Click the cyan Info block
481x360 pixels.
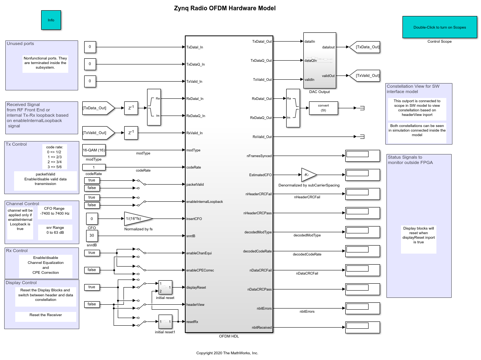click(51, 20)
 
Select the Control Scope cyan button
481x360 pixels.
click(439, 27)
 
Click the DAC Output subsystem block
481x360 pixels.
click(319, 60)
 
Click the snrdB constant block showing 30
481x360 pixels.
click(92, 236)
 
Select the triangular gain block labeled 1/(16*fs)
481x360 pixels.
click(138, 219)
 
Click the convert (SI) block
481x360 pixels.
click(323, 108)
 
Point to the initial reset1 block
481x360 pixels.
click(165, 321)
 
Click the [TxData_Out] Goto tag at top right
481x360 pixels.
click(365, 47)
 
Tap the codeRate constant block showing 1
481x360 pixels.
click(94, 167)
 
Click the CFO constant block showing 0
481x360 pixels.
click(92, 219)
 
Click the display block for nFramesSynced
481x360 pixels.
click(362, 156)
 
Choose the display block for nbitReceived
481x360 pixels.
click(362, 327)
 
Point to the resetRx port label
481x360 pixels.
click(192, 322)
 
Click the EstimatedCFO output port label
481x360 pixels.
click(260, 175)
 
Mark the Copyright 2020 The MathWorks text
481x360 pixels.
click(227, 353)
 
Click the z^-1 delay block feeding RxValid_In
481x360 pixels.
click(131, 133)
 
